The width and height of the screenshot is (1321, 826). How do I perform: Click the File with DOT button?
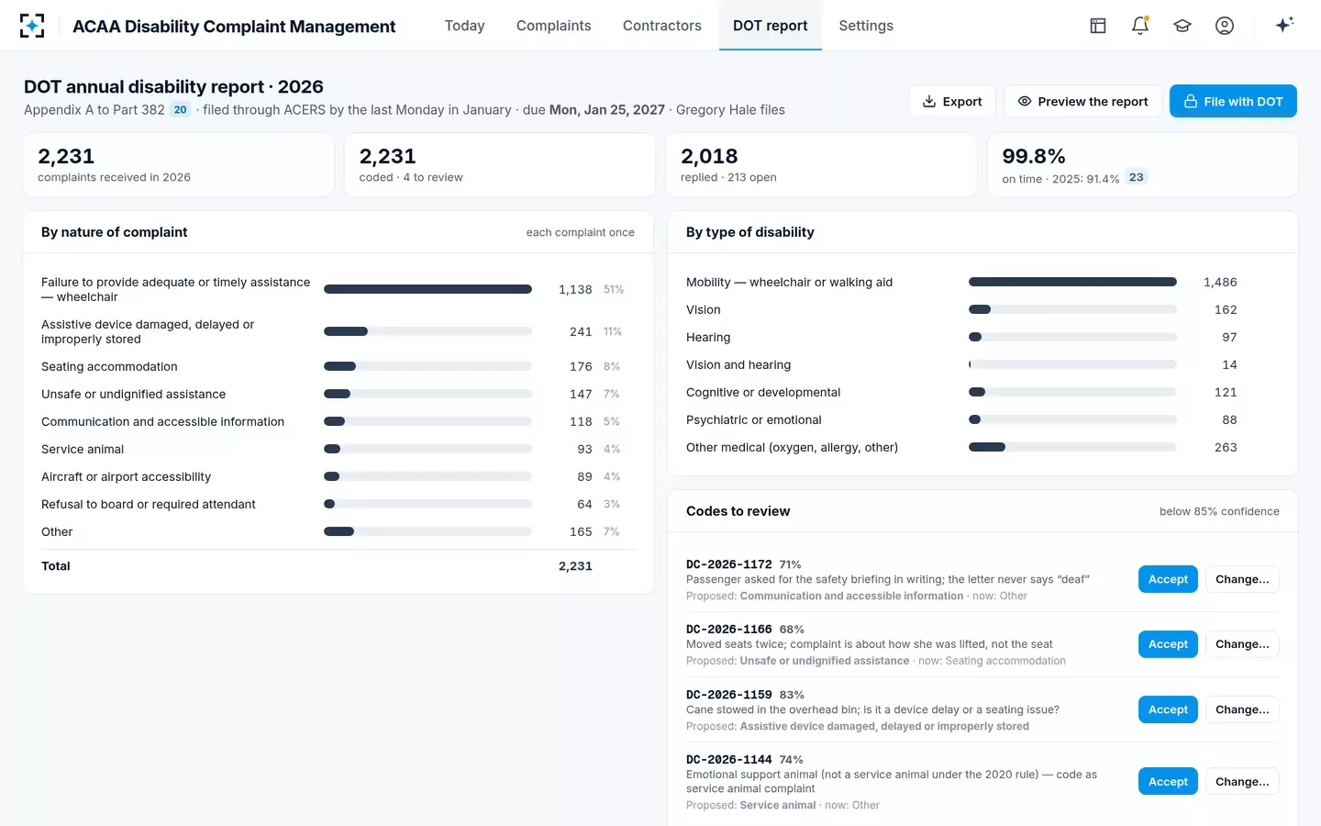[x=1233, y=102]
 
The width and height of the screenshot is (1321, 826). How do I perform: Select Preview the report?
[x=1082, y=102]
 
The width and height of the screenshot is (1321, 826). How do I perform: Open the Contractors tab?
[x=661, y=26]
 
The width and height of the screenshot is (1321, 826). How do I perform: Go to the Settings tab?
[x=866, y=26]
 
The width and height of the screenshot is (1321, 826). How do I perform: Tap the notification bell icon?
[x=1140, y=26]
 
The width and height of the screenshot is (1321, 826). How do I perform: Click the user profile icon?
[x=1225, y=26]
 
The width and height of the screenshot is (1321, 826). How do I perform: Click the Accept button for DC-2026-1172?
[x=1168, y=579]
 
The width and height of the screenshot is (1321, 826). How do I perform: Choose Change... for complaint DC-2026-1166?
[x=1242, y=644]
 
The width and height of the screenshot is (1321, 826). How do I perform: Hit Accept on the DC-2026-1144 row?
[x=1168, y=782]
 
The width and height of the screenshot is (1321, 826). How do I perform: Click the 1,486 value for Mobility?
[x=1220, y=283]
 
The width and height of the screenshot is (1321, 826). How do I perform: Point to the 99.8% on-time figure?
[x=1033, y=156]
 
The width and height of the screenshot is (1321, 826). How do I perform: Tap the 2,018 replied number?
[x=709, y=156]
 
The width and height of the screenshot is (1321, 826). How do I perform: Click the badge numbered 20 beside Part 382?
[x=180, y=110]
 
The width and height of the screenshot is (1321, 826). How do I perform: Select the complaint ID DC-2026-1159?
[x=729, y=695]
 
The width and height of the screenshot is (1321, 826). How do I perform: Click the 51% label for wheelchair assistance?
[x=614, y=290]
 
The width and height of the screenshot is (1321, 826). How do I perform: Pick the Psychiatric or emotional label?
[x=754, y=420]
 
